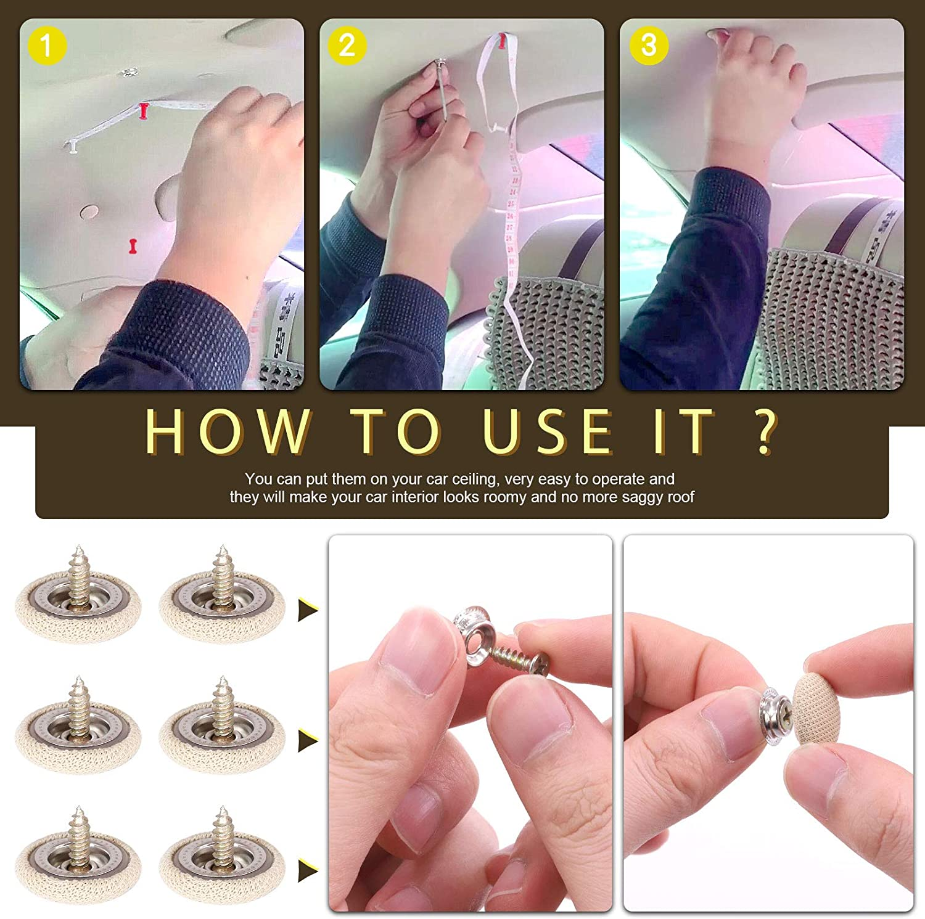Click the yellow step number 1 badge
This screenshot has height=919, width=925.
coord(46,45)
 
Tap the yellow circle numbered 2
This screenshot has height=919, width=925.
coord(347,45)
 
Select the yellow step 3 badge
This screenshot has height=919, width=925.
coord(648,45)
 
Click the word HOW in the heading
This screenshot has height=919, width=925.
coord(227,431)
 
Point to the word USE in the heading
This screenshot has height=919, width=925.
coord(546,431)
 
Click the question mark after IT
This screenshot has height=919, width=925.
coord(765,431)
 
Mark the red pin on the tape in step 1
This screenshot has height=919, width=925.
coord(144,111)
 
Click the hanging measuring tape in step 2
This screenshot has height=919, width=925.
coord(512,234)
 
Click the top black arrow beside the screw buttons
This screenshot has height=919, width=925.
coord(308,610)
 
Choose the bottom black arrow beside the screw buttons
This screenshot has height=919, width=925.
coord(308,870)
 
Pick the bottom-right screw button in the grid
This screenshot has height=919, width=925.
coord(222,860)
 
